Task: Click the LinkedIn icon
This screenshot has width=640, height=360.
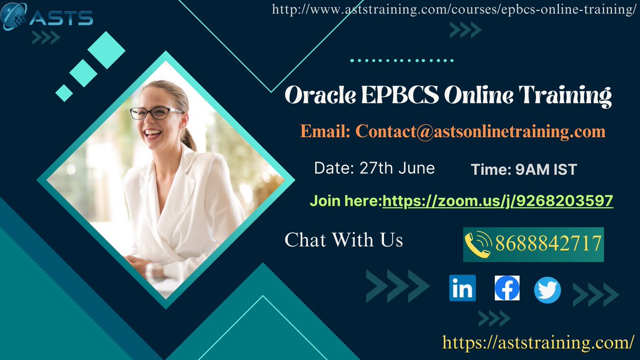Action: [x=462, y=289]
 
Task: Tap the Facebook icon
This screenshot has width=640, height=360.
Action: [x=507, y=289]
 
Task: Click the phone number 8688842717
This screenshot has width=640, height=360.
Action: [x=548, y=243]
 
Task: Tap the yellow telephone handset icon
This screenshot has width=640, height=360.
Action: [x=478, y=244]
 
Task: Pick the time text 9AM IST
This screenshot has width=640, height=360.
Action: [x=546, y=170]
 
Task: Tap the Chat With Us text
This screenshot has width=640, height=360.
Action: [x=343, y=239]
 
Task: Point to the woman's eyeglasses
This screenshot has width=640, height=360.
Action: [x=156, y=113]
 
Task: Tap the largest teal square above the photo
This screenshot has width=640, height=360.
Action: [x=106, y=50]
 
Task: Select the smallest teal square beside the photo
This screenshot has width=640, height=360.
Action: [x=64, y=93]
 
